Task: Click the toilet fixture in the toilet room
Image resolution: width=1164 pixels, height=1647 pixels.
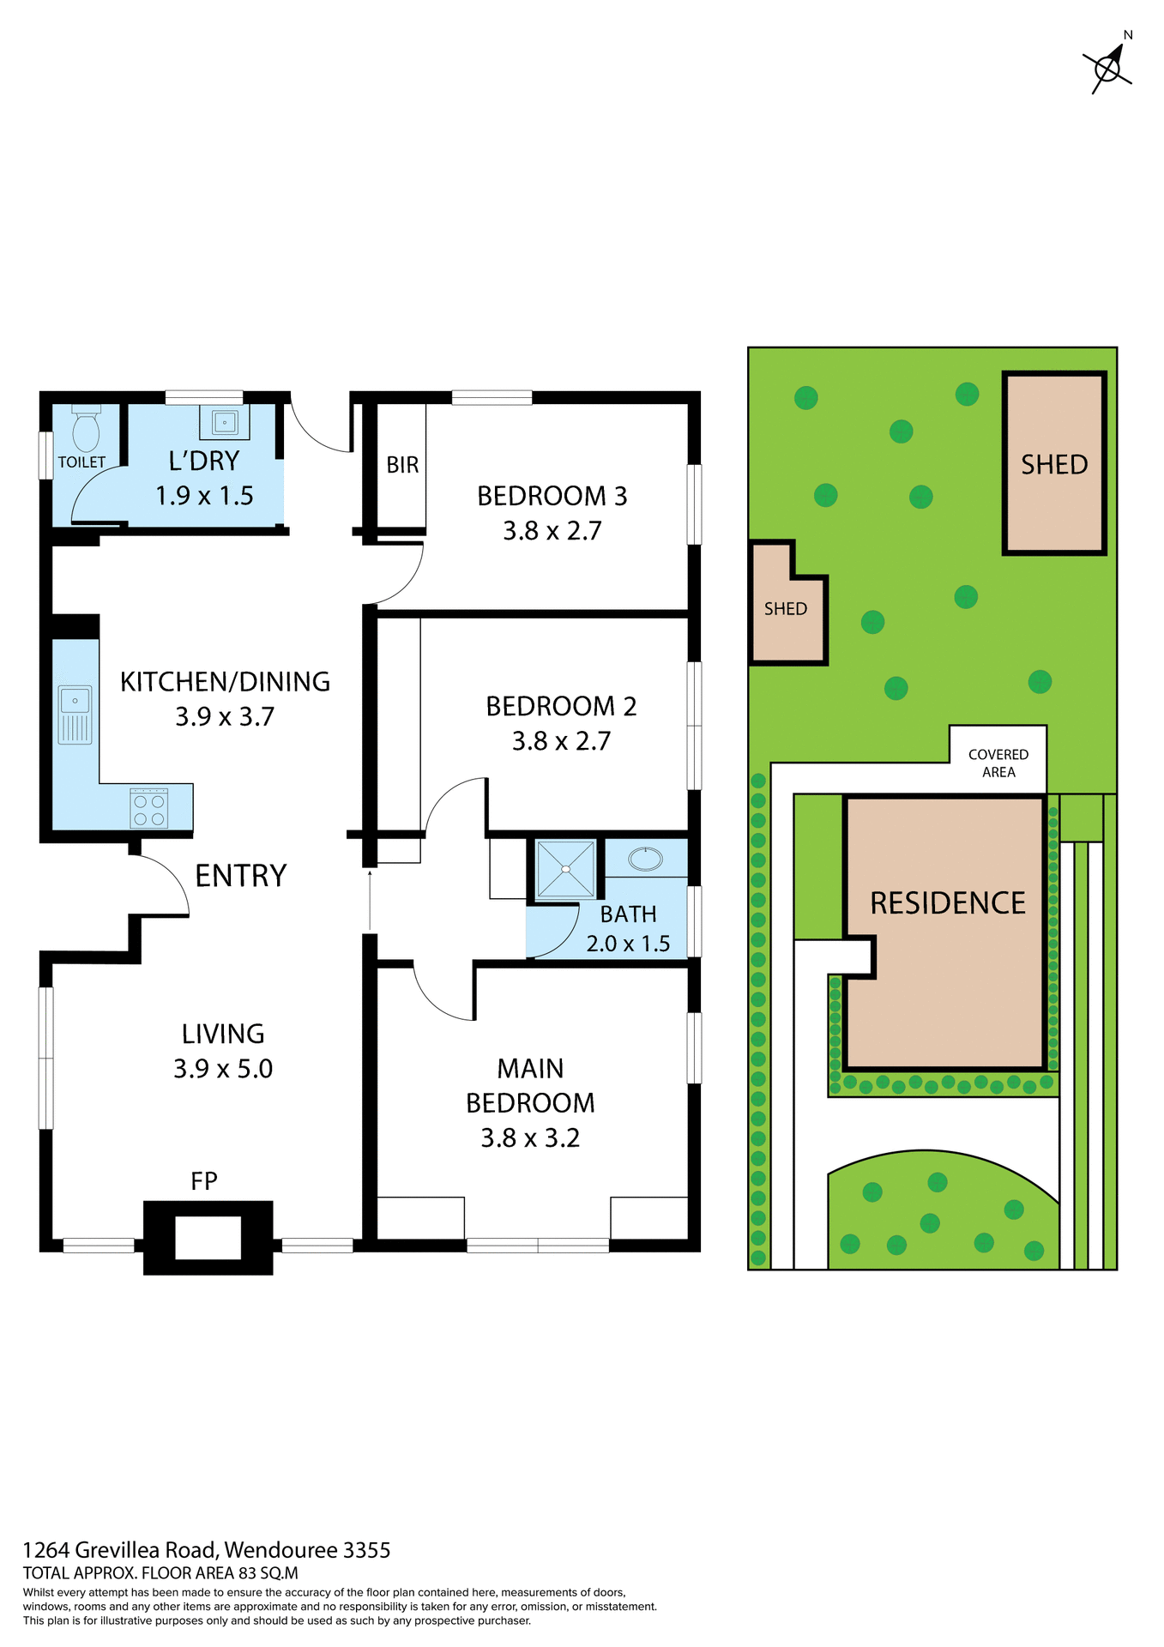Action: pos(86,428)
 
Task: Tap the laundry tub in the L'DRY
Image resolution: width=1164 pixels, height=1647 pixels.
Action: pos(225,422)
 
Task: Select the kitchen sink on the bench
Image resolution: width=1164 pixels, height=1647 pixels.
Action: pos(75,714)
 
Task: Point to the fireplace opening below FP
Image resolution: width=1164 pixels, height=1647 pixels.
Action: pos(208,1237)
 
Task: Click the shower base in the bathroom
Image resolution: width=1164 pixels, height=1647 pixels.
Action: pos(565,869)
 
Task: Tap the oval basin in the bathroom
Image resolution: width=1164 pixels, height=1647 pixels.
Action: pos(645,858)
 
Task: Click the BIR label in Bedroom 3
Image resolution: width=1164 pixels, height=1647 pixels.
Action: pos(402,465)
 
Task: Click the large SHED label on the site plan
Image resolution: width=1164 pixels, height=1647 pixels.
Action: pos(1054,464)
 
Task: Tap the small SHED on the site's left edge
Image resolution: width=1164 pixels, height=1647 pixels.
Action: pos(786,609)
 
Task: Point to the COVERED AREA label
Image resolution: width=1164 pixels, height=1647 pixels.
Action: pos(998,763)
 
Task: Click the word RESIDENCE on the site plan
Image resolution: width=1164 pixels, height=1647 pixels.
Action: pos(948,903)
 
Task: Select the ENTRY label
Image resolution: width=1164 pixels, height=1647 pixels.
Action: pos(240,876)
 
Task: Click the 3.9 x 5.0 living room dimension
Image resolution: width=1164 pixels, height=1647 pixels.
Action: pos(223,1069)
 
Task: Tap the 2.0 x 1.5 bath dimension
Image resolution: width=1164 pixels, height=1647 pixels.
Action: pos(628,944)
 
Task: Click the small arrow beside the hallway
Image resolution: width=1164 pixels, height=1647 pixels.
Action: pos(370,899)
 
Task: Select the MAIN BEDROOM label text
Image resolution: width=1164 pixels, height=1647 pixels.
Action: pos(530,1086)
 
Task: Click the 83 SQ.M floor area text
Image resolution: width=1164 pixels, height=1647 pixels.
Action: pos(268,1572)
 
